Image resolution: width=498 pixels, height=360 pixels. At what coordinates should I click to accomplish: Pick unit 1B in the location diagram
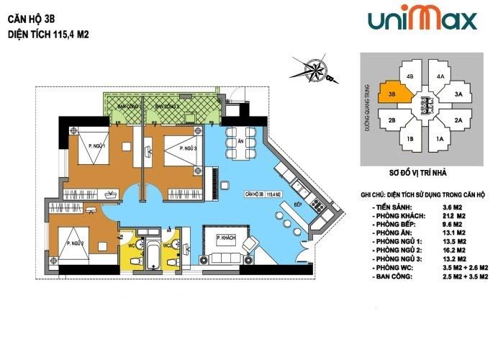410,139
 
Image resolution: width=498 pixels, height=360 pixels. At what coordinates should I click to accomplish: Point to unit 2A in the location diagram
458,120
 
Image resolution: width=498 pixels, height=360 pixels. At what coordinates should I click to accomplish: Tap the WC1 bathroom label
132,245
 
